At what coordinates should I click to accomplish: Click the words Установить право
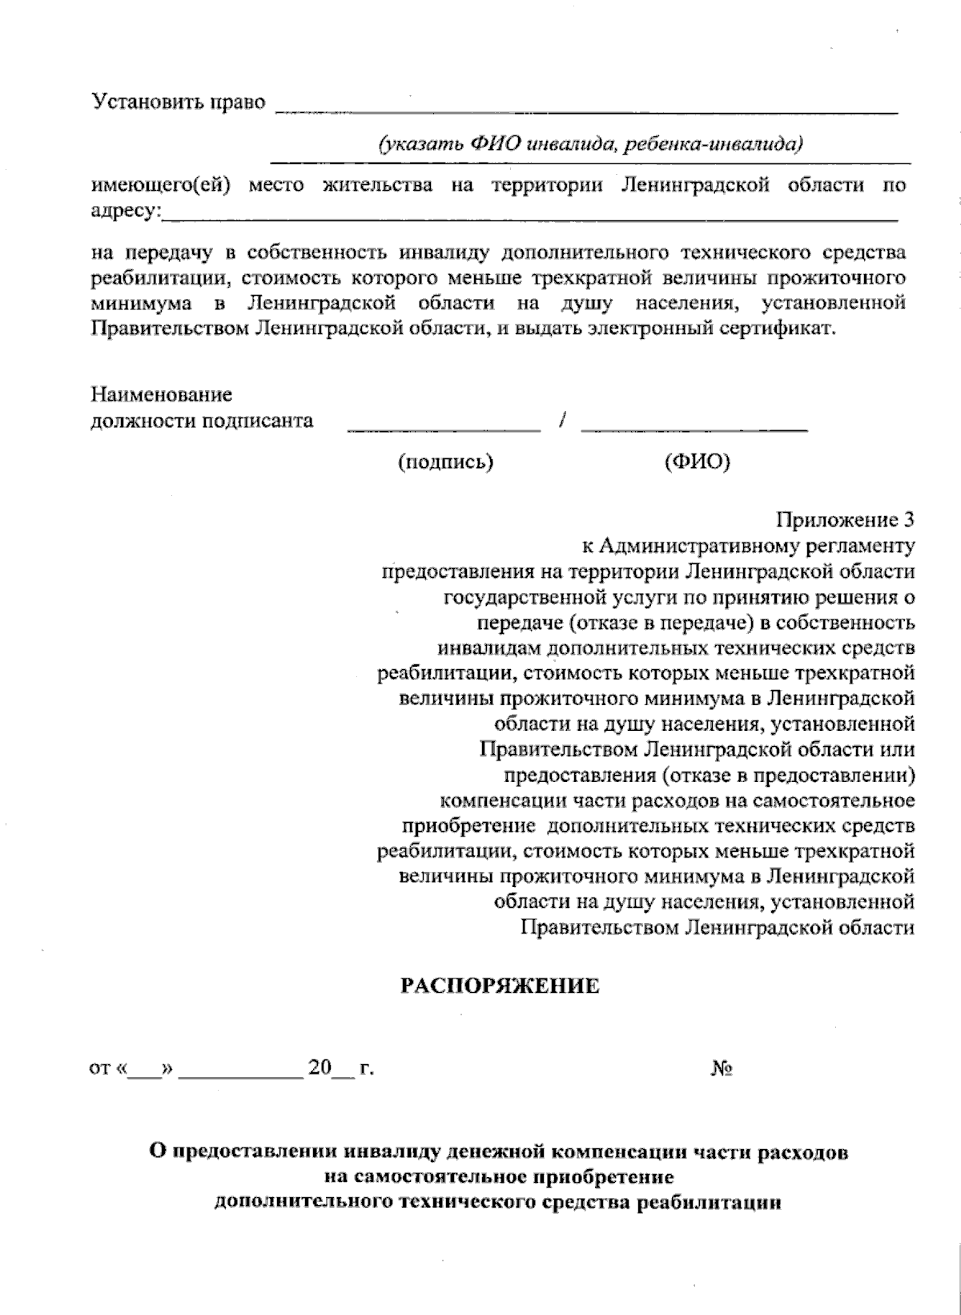[x=179, y=103]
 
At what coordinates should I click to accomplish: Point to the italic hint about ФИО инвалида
[x=591, y=144]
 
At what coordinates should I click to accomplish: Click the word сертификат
[x=786, y=329]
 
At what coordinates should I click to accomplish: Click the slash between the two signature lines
[x=564, y=420]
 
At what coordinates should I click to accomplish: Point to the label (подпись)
[x=445, y=462]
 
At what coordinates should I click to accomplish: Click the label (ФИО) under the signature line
[x=697, y=462]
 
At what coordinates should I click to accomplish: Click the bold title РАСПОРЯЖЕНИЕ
[x=500, y=986]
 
